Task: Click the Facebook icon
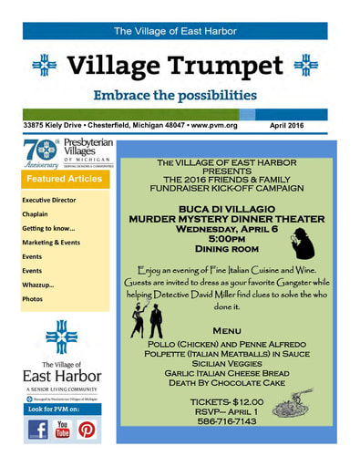click(37, 429)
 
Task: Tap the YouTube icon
click(64, 429)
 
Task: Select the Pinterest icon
click(88, 429)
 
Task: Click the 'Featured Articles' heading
click(63, 180)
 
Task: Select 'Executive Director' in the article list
click(49, 200)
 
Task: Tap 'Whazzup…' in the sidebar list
click(38, 285)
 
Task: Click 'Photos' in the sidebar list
click(33, 299)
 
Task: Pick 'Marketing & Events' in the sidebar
click(51, 243)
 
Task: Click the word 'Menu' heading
click(227, 330)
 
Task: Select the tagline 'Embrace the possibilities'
click(174, 96)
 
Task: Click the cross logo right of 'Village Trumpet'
click(309, 66)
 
